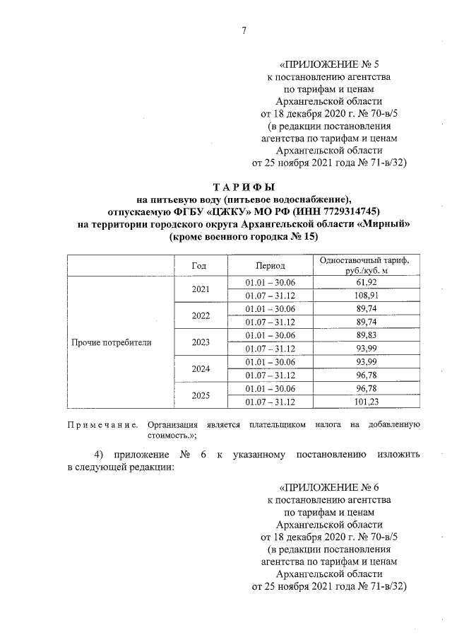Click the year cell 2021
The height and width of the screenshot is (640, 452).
(x=201, y=289)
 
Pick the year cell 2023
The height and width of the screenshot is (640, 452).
(x=201, y=342)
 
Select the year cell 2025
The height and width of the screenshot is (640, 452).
(x=201, y=396)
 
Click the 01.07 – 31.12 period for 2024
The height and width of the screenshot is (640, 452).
(x=270, y=375)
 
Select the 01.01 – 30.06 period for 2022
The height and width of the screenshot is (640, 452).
(x=270, y=308)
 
